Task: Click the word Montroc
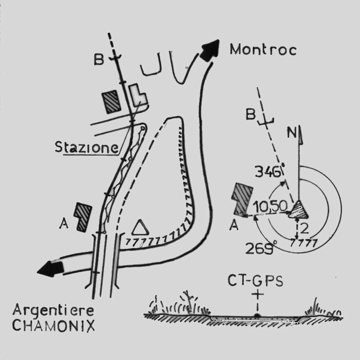pyautogui.click(x=263, y=50)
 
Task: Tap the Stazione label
pyautogui.click(x=87, y=147)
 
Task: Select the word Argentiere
pyautogui.click(x=53, y=311)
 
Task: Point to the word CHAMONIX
pyautogui.click(x=54, y=325)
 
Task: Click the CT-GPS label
pyautogui.click(x=255, y=281)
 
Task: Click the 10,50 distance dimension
pyautogui.click(x=271, y=206)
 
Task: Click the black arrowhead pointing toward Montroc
pyautogui.click(x=209, y=50)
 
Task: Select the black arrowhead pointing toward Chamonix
pyautogui.click(x=50, y=269)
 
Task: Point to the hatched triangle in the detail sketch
pyautogui.click(x=298, y=209)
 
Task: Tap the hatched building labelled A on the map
pyautogui.click(x=83, y=217)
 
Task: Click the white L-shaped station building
pyautogui.click(x=138, y=94)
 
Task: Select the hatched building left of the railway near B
pyautogui.click(x=112, y=102)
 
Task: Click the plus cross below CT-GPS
pyautogui.click(x=258, y=295)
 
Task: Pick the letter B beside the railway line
pyautogui.click(x=99, y=59)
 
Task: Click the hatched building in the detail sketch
pyautogui.click(x=243, y=199)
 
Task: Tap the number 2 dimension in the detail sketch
pyautogui.click(x=304, y=228)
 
